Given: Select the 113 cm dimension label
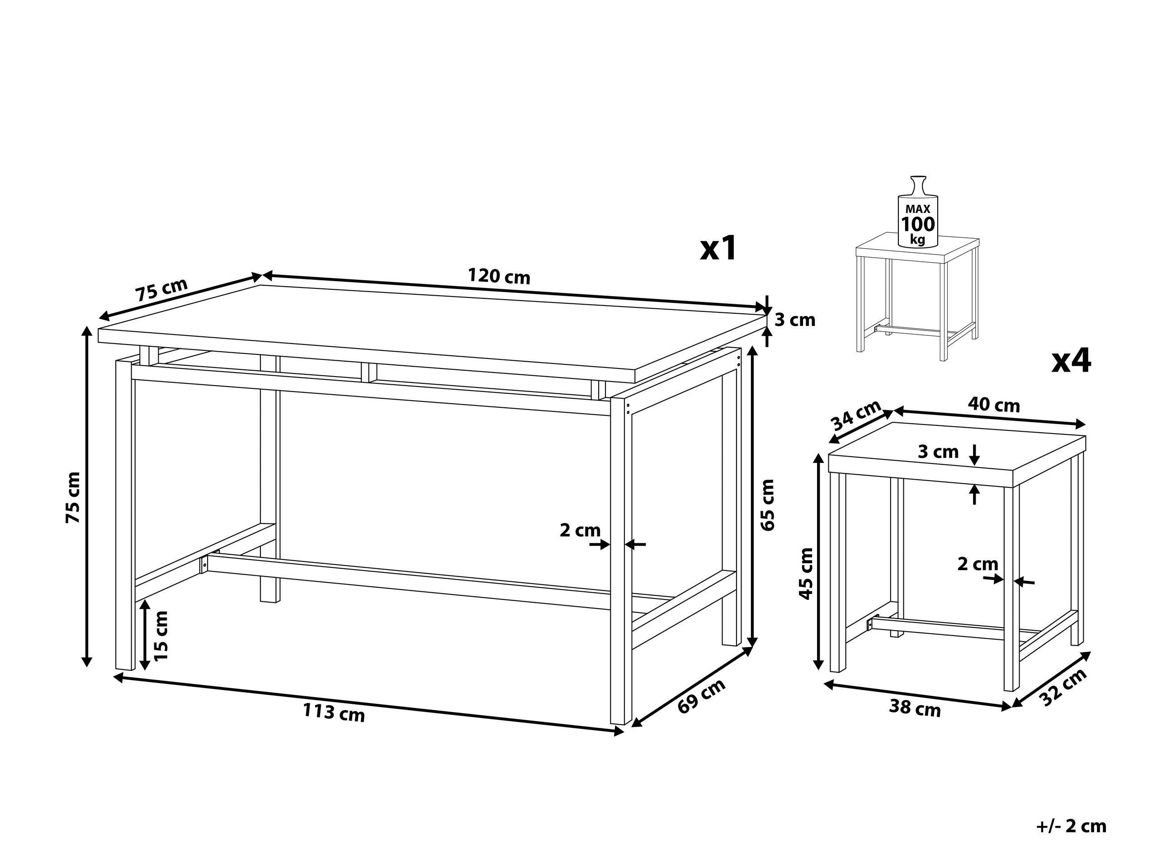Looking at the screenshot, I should (334, 712).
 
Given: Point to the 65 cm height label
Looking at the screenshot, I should (767, 505).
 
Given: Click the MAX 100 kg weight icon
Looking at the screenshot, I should (917, 219).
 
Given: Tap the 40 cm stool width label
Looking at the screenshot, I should (993, 405).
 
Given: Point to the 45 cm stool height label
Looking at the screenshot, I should (806, 573).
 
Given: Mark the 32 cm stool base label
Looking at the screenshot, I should (1064, 688).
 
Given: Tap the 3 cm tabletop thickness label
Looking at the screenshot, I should (794, 320).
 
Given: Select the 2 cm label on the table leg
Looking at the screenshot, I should (580, 531).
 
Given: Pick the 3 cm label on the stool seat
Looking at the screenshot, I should (938, 451).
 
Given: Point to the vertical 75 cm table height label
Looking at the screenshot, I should (73, 497).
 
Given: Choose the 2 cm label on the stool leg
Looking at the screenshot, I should (978, 564).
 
